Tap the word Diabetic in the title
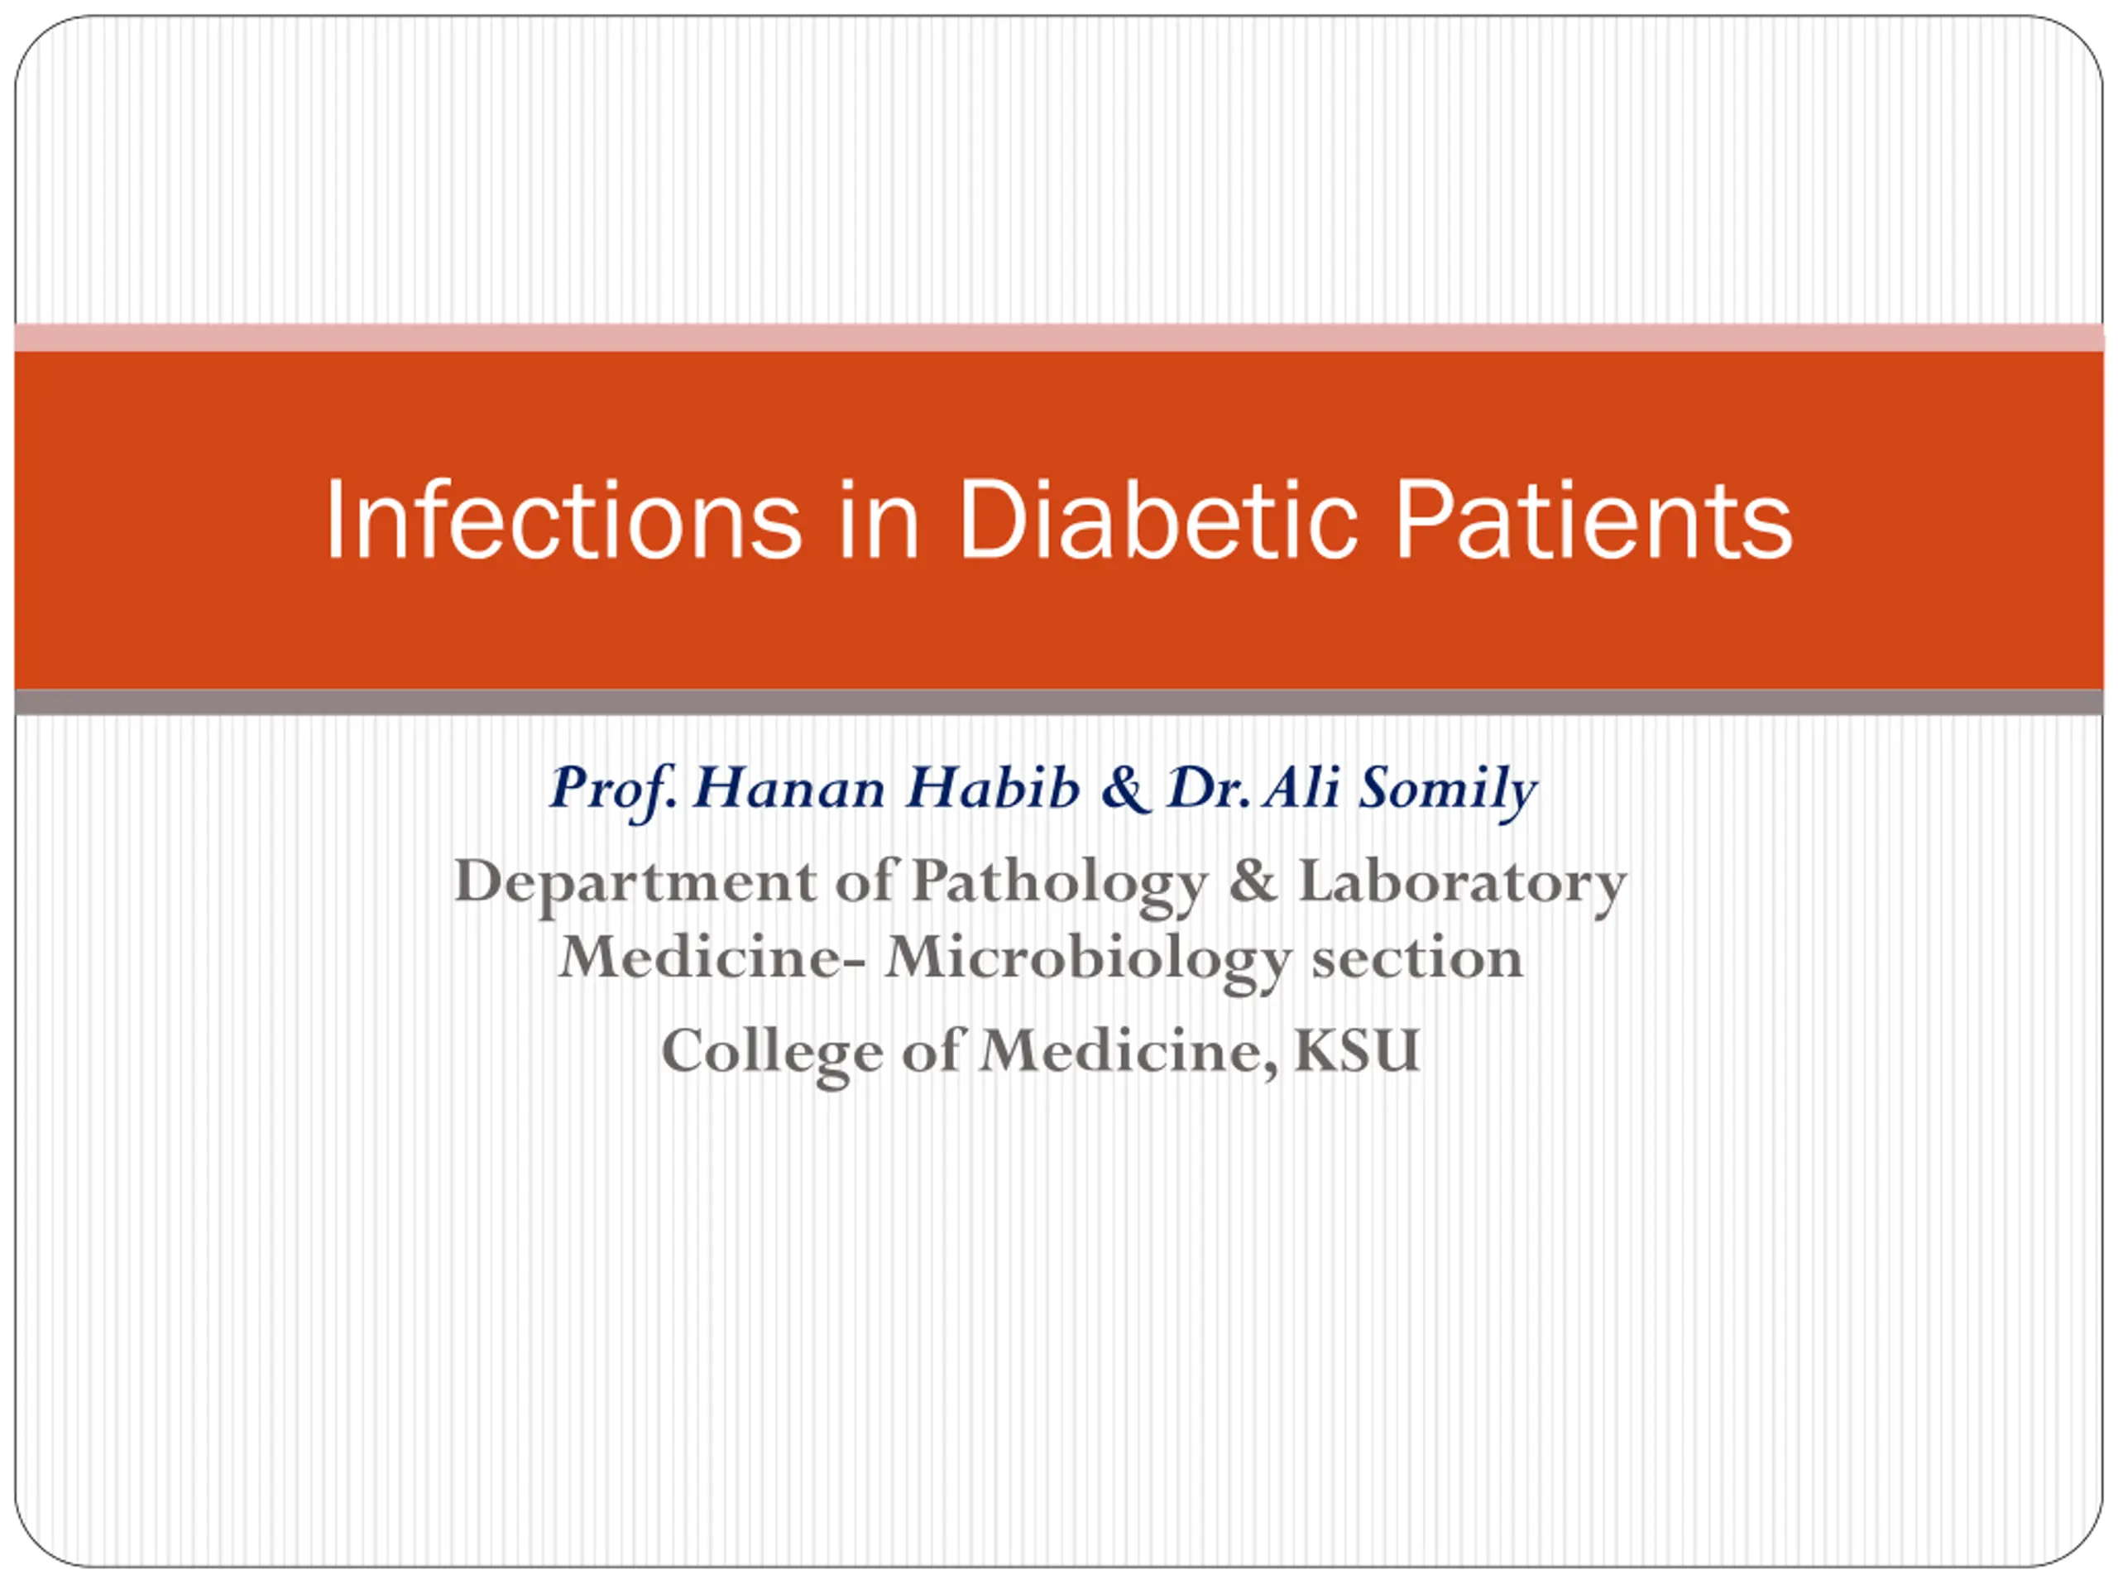[x=1157, y=519]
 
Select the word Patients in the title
[x=1593, y=519]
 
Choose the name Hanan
[x=790, y=787]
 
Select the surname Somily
[x=1448, y=791]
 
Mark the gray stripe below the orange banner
[x=1059, y=702]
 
